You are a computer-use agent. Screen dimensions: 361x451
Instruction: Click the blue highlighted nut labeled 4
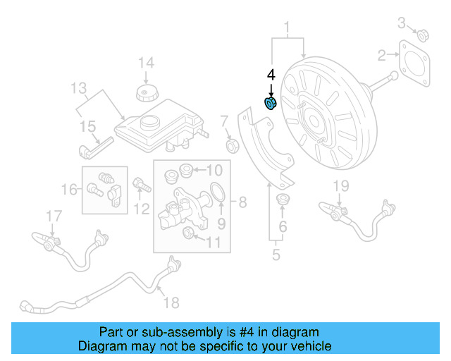click(x=270, y=104)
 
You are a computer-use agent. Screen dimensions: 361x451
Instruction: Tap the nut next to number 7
click(x=230, y=145)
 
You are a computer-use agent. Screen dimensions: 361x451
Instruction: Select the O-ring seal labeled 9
click(x=218, y=192)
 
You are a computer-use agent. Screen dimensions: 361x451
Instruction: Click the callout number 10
click(x=214, y=169)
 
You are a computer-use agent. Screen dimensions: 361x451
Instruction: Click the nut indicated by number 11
click(x=189, y=233)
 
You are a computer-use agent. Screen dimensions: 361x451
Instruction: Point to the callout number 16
click(x=69, y=189)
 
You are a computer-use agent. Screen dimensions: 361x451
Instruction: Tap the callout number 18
click(x=171, y=302)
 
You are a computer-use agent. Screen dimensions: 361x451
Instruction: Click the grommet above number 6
click(x=285, y=199)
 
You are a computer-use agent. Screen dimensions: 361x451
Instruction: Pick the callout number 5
click(x=276, y=254)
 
